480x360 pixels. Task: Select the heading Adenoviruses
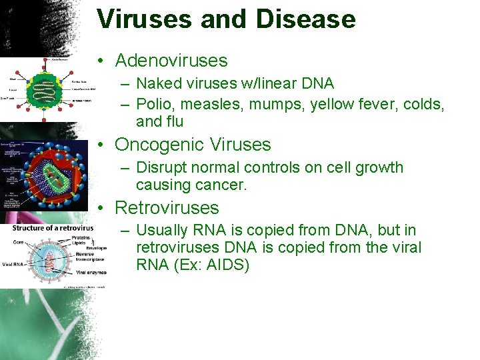(171, 61)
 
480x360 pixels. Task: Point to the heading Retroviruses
(167, 208)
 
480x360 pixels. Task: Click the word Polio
(153, 105)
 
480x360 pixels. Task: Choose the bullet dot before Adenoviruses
(99, 61)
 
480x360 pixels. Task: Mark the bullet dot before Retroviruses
(99, 209)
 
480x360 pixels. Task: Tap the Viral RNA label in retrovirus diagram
(15, 264)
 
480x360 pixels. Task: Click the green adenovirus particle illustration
(45, 87)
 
